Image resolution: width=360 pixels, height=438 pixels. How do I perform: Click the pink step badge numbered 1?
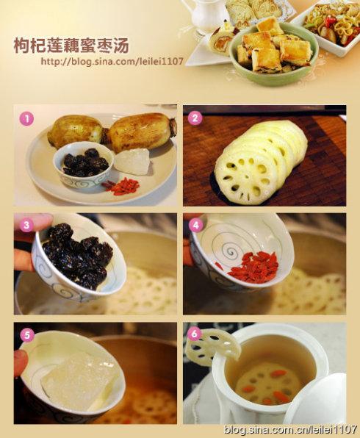pyautogui.click(x=26, y=119)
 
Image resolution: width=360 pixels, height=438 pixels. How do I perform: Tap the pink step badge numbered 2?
pyautogui.click(x=195, y=118)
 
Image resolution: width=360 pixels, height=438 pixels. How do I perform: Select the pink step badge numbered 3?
pyautogui.click(x=26, y=225)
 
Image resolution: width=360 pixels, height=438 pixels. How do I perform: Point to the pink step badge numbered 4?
pyautogui.click(x=196, y=225)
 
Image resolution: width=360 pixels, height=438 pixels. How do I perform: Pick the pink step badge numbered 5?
pyautogui.click(x=27, y=335)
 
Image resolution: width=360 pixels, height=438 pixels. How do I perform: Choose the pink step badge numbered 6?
pyautogui.click(x=195, y=333)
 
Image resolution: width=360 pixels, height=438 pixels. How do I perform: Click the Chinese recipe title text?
pyautogui.click(x=71, y=46)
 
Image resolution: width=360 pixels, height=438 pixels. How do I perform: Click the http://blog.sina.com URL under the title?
pyautogui.click(x=112, y=62)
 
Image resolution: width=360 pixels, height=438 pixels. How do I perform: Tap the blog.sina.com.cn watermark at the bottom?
pyautogui.click(x=290, y=428)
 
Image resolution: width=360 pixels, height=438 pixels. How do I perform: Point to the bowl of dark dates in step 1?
pyautogui.click(x=83, y=165)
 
